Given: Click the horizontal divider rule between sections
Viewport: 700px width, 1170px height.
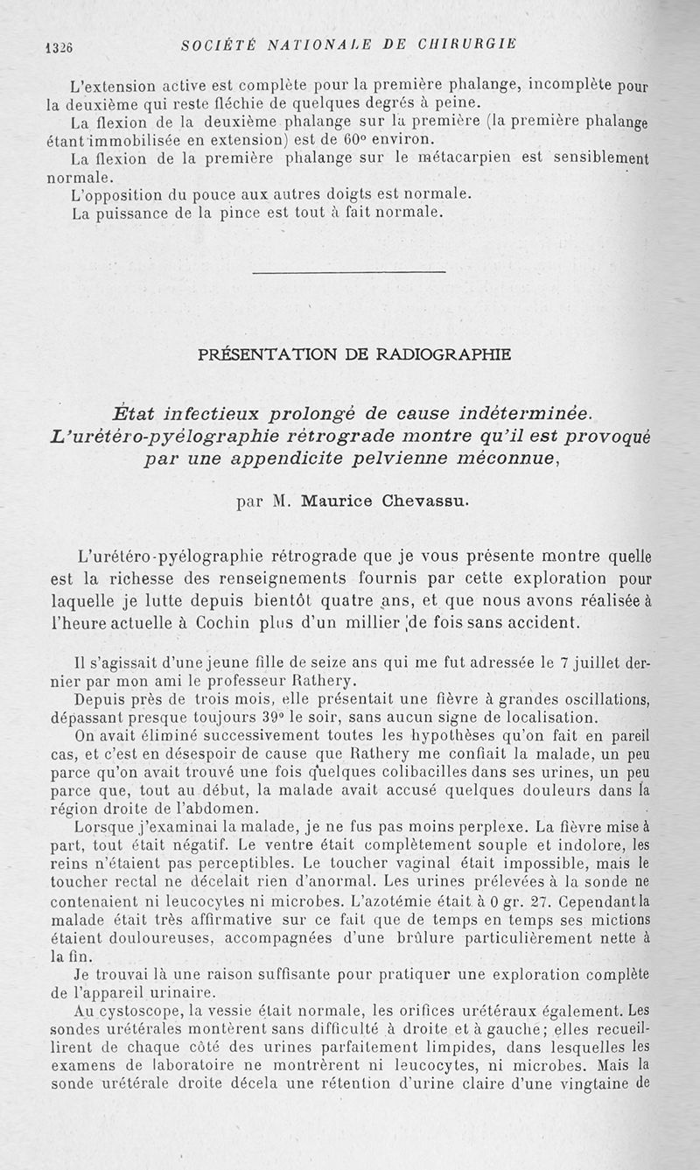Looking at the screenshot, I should point(348,273).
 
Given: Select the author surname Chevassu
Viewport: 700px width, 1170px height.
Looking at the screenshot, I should point(416,501).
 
